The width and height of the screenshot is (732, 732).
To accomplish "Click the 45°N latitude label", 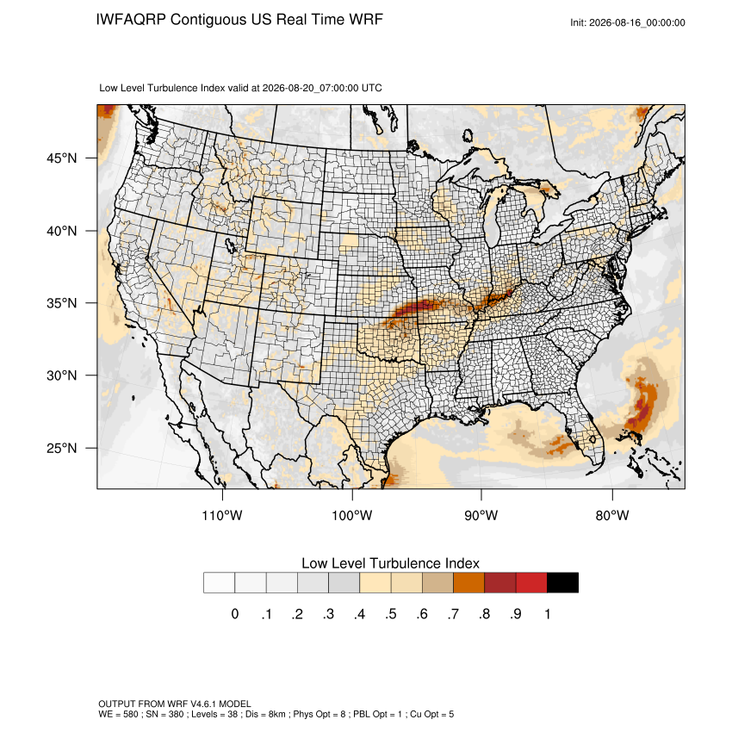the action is (x=61, y=158).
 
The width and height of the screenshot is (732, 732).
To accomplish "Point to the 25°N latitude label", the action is (x=61, y=448).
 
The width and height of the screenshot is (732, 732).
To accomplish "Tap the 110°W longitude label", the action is (x=222, y=515).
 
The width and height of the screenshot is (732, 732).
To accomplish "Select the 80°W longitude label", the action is (x=612, y=515).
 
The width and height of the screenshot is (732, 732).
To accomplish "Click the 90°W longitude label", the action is (x=481, y=515).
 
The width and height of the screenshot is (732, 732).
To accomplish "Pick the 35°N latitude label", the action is (x=61, y=303).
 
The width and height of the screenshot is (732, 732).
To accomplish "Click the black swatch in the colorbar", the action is (x=562, y=583).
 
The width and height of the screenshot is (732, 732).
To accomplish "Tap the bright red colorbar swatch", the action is (x=531, y=583).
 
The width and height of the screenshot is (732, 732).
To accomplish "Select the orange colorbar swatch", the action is (x=468, y=583).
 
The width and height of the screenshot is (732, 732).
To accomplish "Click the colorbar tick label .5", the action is (x=391, y=614).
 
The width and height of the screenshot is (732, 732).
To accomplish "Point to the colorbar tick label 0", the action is (x=235, y=614).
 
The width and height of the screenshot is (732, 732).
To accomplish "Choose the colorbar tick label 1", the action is (x=547, y=614).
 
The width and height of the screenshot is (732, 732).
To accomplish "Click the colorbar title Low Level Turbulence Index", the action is (x=390, y=563).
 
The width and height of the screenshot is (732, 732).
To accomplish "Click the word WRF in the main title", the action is (x=367, y=20).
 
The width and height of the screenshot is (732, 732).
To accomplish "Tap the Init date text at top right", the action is (x=628, y=22).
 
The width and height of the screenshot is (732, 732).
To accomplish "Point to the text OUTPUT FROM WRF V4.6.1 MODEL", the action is (x=175, y=704).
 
